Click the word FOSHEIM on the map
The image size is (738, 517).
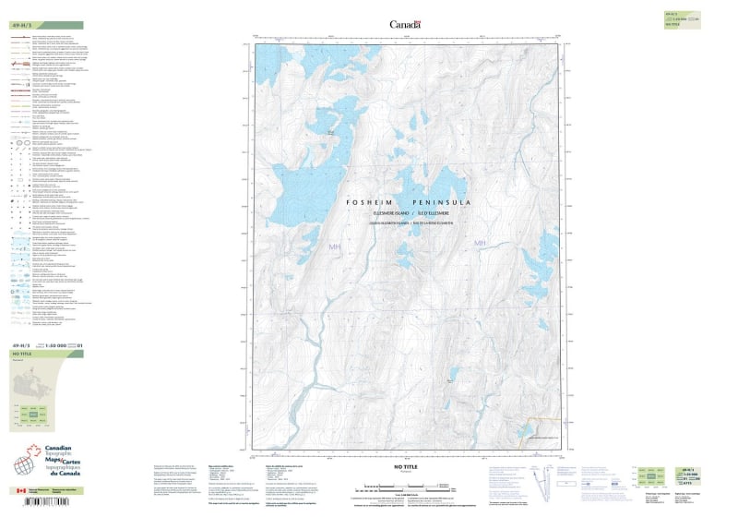click(x=373, y=201)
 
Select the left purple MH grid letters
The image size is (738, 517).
click(x=334, y=246)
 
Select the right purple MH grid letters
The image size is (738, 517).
click(x=479, y=243)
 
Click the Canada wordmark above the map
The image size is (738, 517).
click(x=405, y=24)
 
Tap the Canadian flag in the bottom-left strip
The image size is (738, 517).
click(x=21, y=490)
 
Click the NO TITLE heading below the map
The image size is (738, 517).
click(x=406, y=468)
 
